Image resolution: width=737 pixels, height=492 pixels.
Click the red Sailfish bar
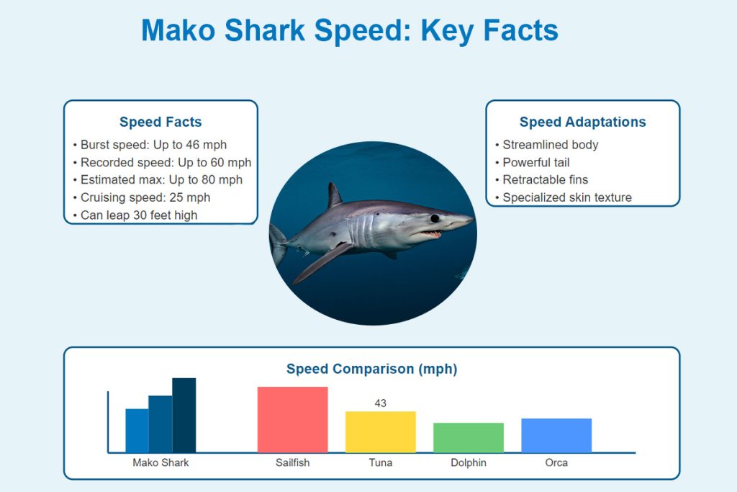[x=292, y=419]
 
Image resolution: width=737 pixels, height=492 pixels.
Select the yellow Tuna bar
[x=380, y=431]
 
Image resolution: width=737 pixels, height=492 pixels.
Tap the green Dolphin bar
[x=468, y=437]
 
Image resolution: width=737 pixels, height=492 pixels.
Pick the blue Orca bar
[x=556, y=435]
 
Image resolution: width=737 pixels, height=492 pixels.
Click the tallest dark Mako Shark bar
[x=184, y=416]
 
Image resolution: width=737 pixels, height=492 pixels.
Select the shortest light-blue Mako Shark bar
[x=137, y=430]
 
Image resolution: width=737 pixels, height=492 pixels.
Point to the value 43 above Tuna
[x=380, y=403]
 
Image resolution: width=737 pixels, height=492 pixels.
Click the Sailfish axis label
[x=292, y=463]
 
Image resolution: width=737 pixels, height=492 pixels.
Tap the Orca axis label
[x=556, y=463]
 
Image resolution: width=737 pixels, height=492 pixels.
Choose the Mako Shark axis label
[x=160, y=463]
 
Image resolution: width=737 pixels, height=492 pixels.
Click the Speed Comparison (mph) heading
[x=372, y=369]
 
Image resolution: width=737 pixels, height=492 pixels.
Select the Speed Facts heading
[x=160, y=122]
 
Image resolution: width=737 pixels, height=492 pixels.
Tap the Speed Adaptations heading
[x=582, y=122]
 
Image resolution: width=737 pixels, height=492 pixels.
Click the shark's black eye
[x=435, y=218]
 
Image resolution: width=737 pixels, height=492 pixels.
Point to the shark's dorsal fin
[x=334, y=194]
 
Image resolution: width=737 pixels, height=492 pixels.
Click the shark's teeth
[x=430, y=233]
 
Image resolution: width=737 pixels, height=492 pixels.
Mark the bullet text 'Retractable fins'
[x=546, y=179]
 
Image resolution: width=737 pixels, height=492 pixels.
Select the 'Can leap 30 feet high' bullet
[x=139, y=215]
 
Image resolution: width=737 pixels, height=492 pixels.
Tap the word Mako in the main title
[x=178, y=30]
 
